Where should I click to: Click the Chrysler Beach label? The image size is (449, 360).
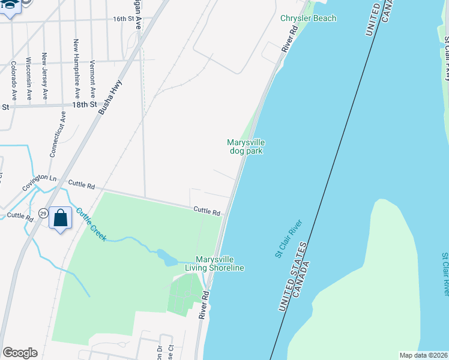coord(308,18)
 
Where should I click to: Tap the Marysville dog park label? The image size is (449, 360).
coord(246,146)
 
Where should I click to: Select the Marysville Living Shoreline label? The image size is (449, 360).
coord(214,263)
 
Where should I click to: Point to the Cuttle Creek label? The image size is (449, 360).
coord(91,224)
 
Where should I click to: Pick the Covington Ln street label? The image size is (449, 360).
coord(38,182)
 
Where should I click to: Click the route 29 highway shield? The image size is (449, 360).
coord(43,213)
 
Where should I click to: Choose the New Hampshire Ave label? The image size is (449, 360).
coord(76,69)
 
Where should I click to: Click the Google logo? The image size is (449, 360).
coord(20,353)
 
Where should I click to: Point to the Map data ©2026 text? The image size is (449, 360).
coord(423,355)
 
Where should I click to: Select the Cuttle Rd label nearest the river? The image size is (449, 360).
coord(206,211)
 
